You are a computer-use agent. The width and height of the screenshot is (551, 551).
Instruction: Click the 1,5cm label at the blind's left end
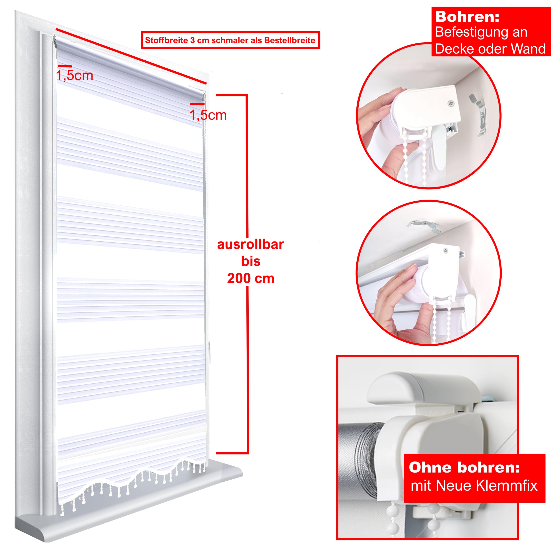(75, 76)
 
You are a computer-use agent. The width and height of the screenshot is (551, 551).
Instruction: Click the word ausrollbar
(250, 244)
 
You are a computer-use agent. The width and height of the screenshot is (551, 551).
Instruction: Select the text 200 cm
(251, 278)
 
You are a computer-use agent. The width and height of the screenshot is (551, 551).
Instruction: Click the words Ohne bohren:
(464, 467)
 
